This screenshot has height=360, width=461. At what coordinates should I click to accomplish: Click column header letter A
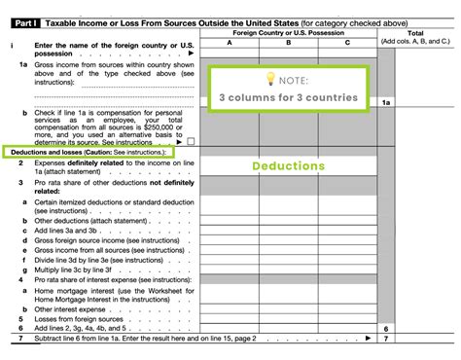pyautogui.click(x=230, y=43)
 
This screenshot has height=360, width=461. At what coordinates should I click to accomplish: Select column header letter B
pyautogui.click(x=289, y=43)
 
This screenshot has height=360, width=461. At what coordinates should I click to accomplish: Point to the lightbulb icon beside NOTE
pyautogui.click(x=267, y=77)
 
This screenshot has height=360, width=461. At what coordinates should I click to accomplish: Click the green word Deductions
pyautogui.click(x=288, y=166)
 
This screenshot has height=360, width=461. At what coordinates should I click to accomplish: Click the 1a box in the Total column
pyautogui.click(x=386, y=101)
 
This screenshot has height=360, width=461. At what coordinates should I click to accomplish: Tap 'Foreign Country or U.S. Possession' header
pyautogui.click(x=289, y=32)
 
